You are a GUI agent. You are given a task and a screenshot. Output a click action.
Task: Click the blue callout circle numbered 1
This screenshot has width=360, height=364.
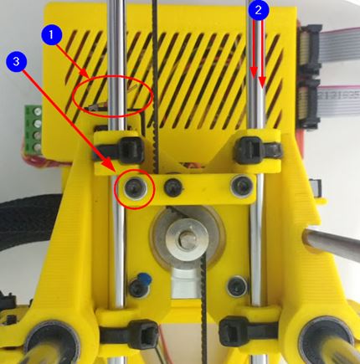(x=52, y=34)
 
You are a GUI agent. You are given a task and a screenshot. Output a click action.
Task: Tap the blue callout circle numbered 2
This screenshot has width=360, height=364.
(x=259, y=10)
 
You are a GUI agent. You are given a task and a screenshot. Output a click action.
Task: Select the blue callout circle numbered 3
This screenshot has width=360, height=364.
(x=16, y=61)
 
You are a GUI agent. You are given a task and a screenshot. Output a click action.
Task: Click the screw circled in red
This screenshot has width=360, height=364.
(x=136, y=188)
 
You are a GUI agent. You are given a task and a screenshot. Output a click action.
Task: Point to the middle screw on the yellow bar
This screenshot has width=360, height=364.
(x=173, y=187)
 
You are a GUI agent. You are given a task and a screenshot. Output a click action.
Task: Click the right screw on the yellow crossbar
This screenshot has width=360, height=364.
(x=242, y=186)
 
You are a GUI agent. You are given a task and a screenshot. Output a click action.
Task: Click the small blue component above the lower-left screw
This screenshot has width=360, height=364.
(x=144, y=279)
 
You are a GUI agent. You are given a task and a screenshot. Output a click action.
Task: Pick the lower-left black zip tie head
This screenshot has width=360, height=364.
(x=144, y=334)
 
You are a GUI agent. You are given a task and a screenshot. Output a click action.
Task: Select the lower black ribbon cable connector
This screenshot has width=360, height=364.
(x=309, y=105)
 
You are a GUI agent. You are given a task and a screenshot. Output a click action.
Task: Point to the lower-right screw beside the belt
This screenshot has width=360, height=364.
(x=237, y=286)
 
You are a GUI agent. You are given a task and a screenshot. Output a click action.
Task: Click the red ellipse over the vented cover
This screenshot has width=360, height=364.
(x=113, y=95)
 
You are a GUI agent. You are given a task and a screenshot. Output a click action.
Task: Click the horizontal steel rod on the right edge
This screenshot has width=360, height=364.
(x=332, y=242)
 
